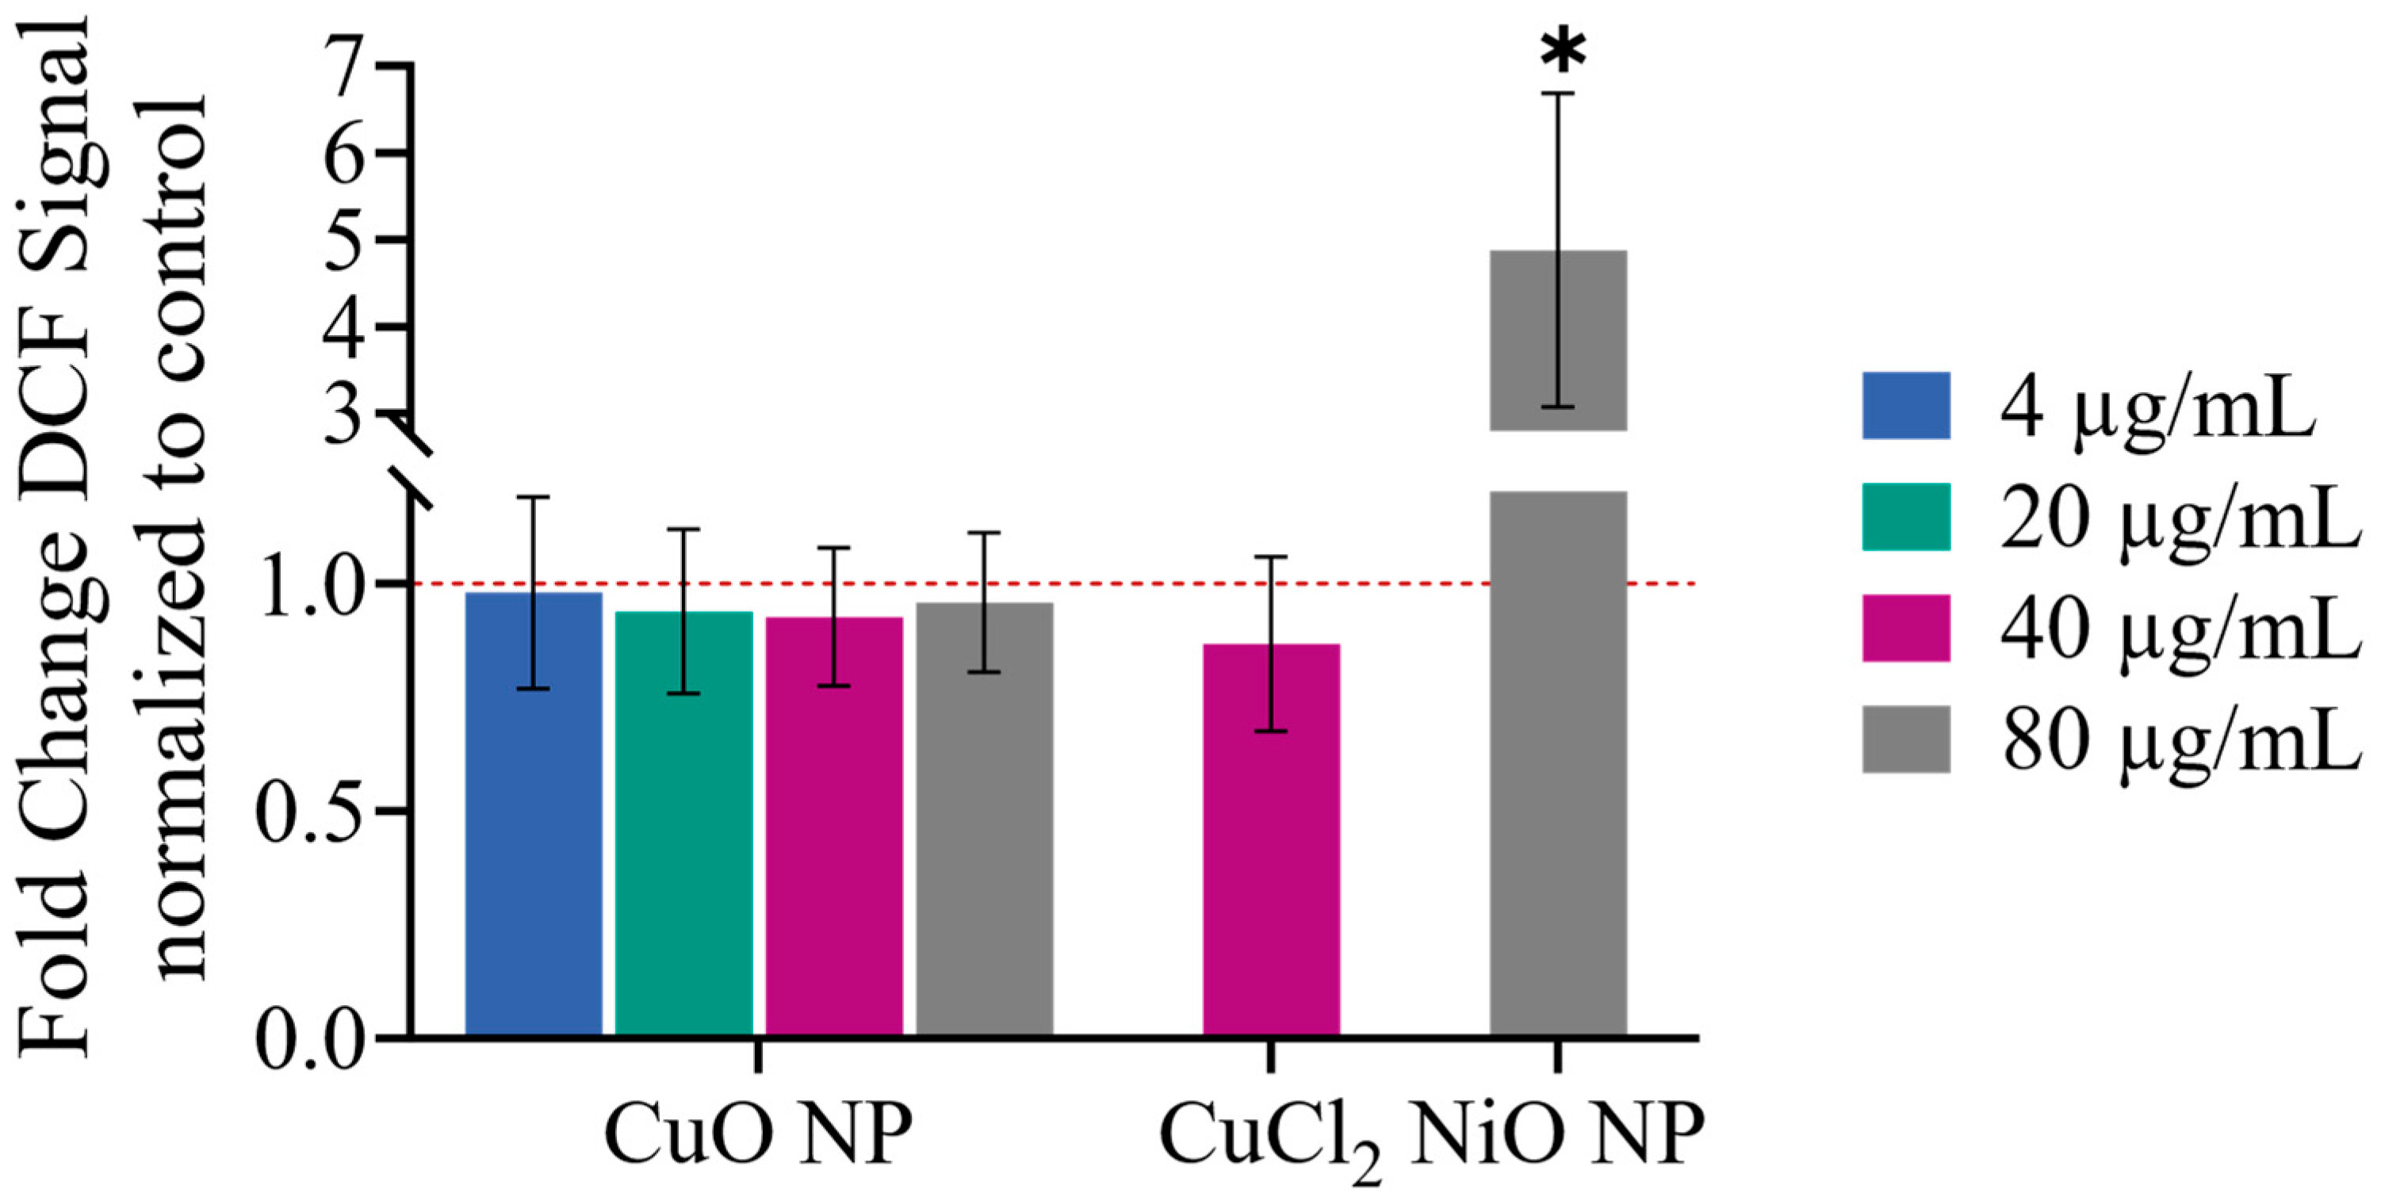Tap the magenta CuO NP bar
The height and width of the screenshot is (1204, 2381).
(x=835, y=827)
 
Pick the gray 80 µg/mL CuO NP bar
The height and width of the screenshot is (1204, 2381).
(x=985, y=820)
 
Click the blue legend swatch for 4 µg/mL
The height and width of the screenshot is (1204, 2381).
(x=1906, y=406)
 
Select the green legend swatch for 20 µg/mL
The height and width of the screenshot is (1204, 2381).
(x=1906, y=517)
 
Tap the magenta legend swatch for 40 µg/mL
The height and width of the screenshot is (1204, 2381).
(x=1906, y=629)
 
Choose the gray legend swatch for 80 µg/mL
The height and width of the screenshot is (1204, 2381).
(x=1906, y=740)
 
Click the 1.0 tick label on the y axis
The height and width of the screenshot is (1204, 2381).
(x=310, y=584)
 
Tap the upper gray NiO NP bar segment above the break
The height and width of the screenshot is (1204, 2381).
(x=1558, y=340)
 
